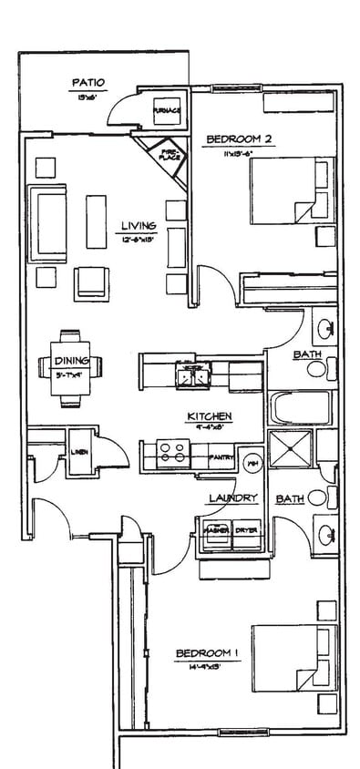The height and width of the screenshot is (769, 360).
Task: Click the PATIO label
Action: pos(88,85)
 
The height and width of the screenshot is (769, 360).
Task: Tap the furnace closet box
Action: pos(166,111)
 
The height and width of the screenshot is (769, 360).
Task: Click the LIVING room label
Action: pos(139,225)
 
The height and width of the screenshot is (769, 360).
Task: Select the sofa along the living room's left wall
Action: pos(47,223)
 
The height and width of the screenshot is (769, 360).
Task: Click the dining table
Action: pos(70,366)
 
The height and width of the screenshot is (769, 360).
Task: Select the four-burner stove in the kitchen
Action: pos(172,453)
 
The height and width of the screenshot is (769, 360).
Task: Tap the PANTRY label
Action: pos(221,457)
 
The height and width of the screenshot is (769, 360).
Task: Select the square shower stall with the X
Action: pos(290,449)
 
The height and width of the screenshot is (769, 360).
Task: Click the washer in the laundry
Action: pos(216,533)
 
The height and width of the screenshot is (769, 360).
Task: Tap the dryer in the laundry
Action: pos(246,533)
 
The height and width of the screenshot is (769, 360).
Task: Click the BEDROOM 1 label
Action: pos(207,653)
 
